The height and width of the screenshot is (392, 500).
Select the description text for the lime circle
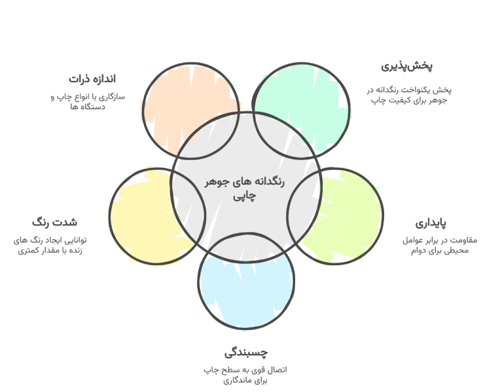[x=440, y=244]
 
